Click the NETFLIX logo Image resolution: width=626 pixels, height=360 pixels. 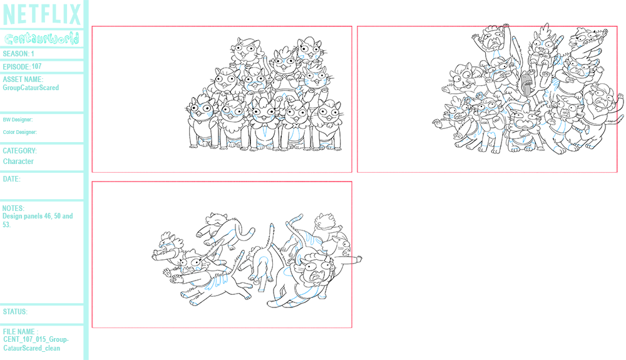(x=42, y=14)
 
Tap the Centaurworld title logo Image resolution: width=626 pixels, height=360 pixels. (x=42, y=39)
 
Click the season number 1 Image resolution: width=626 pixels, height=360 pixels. (x=33, y=54)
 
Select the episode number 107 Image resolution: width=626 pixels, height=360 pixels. (x=36, y=66)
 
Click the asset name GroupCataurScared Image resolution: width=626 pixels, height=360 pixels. (x=31, y=88)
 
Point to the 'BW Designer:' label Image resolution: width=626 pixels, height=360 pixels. (x=18, y=120)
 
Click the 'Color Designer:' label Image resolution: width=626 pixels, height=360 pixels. (x=19, y=132)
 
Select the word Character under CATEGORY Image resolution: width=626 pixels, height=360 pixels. (x=18, y=162)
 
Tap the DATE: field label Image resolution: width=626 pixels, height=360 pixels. (x=11, y=179)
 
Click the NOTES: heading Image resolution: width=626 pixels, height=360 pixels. (x=13, y=208)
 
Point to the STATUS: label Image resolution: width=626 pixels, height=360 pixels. (x=15, y=312)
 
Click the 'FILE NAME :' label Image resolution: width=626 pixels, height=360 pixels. (x=21, y=332)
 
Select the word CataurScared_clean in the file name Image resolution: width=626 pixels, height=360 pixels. (x=31, y=348)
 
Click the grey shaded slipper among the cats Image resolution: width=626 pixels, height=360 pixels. (x=526, y=83)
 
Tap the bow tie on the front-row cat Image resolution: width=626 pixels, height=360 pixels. (x=295, y=125)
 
